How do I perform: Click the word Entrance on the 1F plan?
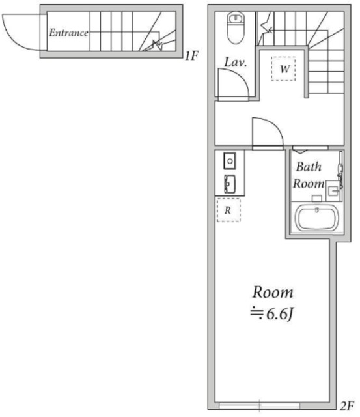(x=68, y=33)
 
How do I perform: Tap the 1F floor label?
(x=191, y=56)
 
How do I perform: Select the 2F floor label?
(x=347, y=406)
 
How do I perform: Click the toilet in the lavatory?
(x=236, y=27)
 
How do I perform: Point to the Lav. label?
(x=236, y=63)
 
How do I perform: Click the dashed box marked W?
(x=283, y=68)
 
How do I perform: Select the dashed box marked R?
(x=228, y=210)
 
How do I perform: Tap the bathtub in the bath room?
(x=316, y=218)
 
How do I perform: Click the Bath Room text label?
(x=308, y=175)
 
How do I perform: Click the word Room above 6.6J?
(x=273, y=292)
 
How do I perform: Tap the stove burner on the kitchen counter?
(x=230, y=161)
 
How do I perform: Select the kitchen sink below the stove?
(x=230, y=184)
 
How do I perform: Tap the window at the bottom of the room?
(x=259, y=406)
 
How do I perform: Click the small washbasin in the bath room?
(x=333, y=191)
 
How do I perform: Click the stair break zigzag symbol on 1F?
(x=158, y=45)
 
